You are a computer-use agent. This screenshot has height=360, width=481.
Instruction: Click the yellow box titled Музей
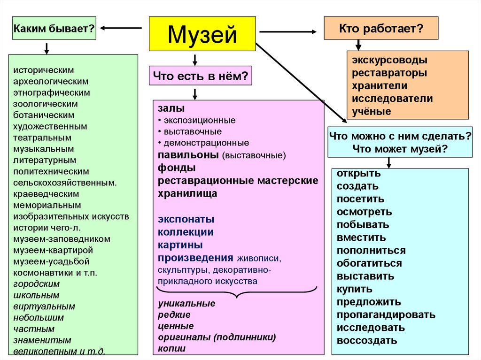click(x=202, y=34)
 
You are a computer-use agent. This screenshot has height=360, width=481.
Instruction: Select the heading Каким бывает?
click(x=54, y=29)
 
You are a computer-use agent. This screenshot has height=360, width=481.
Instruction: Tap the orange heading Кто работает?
click(x=381, y=28)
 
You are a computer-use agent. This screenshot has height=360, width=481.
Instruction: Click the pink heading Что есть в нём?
click(x=201, y=75)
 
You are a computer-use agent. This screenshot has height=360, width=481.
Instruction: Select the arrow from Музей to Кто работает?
click(x=288, y=31)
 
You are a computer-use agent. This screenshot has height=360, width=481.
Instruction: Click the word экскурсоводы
click(x=390, y=61)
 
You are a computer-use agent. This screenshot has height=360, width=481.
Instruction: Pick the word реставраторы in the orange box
click(x=390, y=73)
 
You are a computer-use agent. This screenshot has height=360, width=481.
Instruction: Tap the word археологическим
click(x=51, y=81)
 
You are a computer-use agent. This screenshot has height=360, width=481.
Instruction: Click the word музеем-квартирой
click(x=53, y=250)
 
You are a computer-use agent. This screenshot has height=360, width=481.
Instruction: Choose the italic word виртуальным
click(x=44, y=306)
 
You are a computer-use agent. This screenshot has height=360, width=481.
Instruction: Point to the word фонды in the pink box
click(x=177, y=168)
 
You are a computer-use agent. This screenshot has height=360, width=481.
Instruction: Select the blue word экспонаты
click(x=186, y=219)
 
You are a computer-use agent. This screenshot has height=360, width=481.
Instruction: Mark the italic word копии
click(x=171, y=349)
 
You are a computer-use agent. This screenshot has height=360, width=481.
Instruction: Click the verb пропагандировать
click(x=386, y=315)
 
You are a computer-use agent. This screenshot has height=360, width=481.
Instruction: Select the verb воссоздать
click(x=367, y=341)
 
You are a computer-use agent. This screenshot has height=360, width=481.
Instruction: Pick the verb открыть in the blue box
click(x=358, y=174)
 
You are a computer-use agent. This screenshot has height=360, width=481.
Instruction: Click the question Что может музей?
click(x=400, y=149)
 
